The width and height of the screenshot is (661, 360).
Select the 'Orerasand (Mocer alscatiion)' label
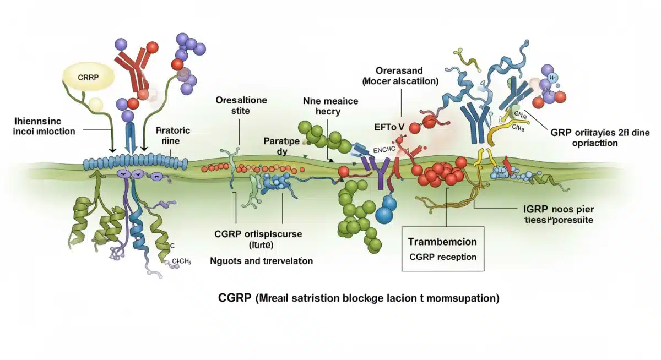point(400,75)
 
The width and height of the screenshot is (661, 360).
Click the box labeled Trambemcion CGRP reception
point(442,249)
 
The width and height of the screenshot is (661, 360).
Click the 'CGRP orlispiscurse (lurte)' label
point(258,238)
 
